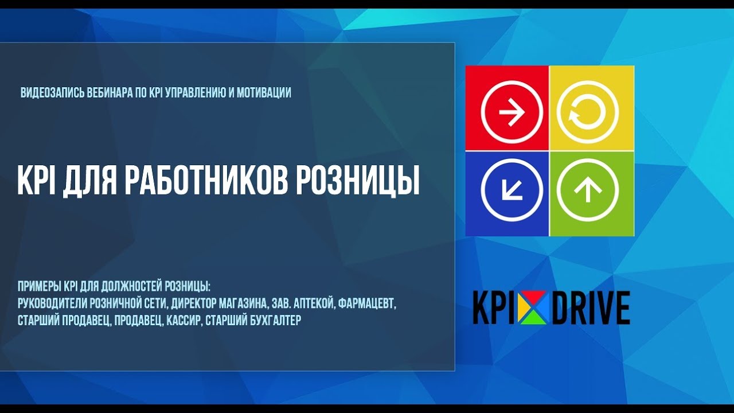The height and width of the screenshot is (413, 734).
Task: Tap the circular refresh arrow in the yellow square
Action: [587, 109]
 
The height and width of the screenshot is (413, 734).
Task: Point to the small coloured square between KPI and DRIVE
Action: [533, 308]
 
